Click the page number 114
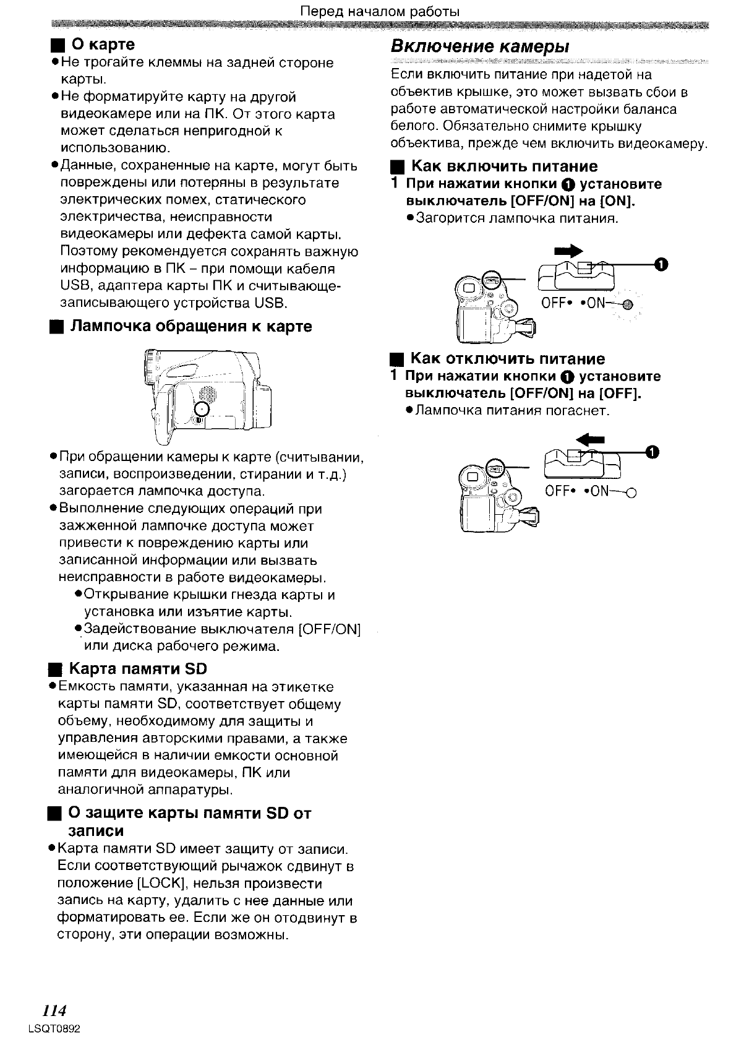pos(54,1010)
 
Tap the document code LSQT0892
pos(55,1028)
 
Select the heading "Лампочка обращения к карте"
pos(192,326)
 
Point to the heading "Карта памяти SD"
pos(138,669)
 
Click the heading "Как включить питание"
pos(504,166)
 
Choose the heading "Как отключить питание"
pos(508,359)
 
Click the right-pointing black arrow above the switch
pos(569,251)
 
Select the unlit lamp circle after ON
pos(631,493)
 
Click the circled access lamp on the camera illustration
pos(203,408)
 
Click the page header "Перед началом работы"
pos(380,12)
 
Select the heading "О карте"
pos(103,45)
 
